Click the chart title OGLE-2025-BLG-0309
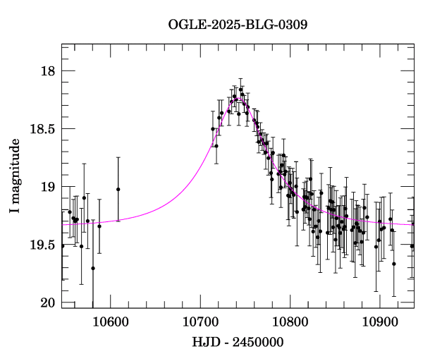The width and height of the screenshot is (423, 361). tap(238, 25)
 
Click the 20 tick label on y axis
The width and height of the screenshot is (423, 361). tap(47, 302)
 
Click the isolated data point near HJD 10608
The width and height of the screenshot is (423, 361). tap(118, 189)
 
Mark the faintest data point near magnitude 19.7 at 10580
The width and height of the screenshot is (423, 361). tap(93, 268)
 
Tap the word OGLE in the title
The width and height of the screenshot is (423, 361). tap(184, 25)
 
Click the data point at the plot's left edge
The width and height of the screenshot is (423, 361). tap(62, 245)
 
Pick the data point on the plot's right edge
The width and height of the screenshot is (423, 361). tap(412, 246)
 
